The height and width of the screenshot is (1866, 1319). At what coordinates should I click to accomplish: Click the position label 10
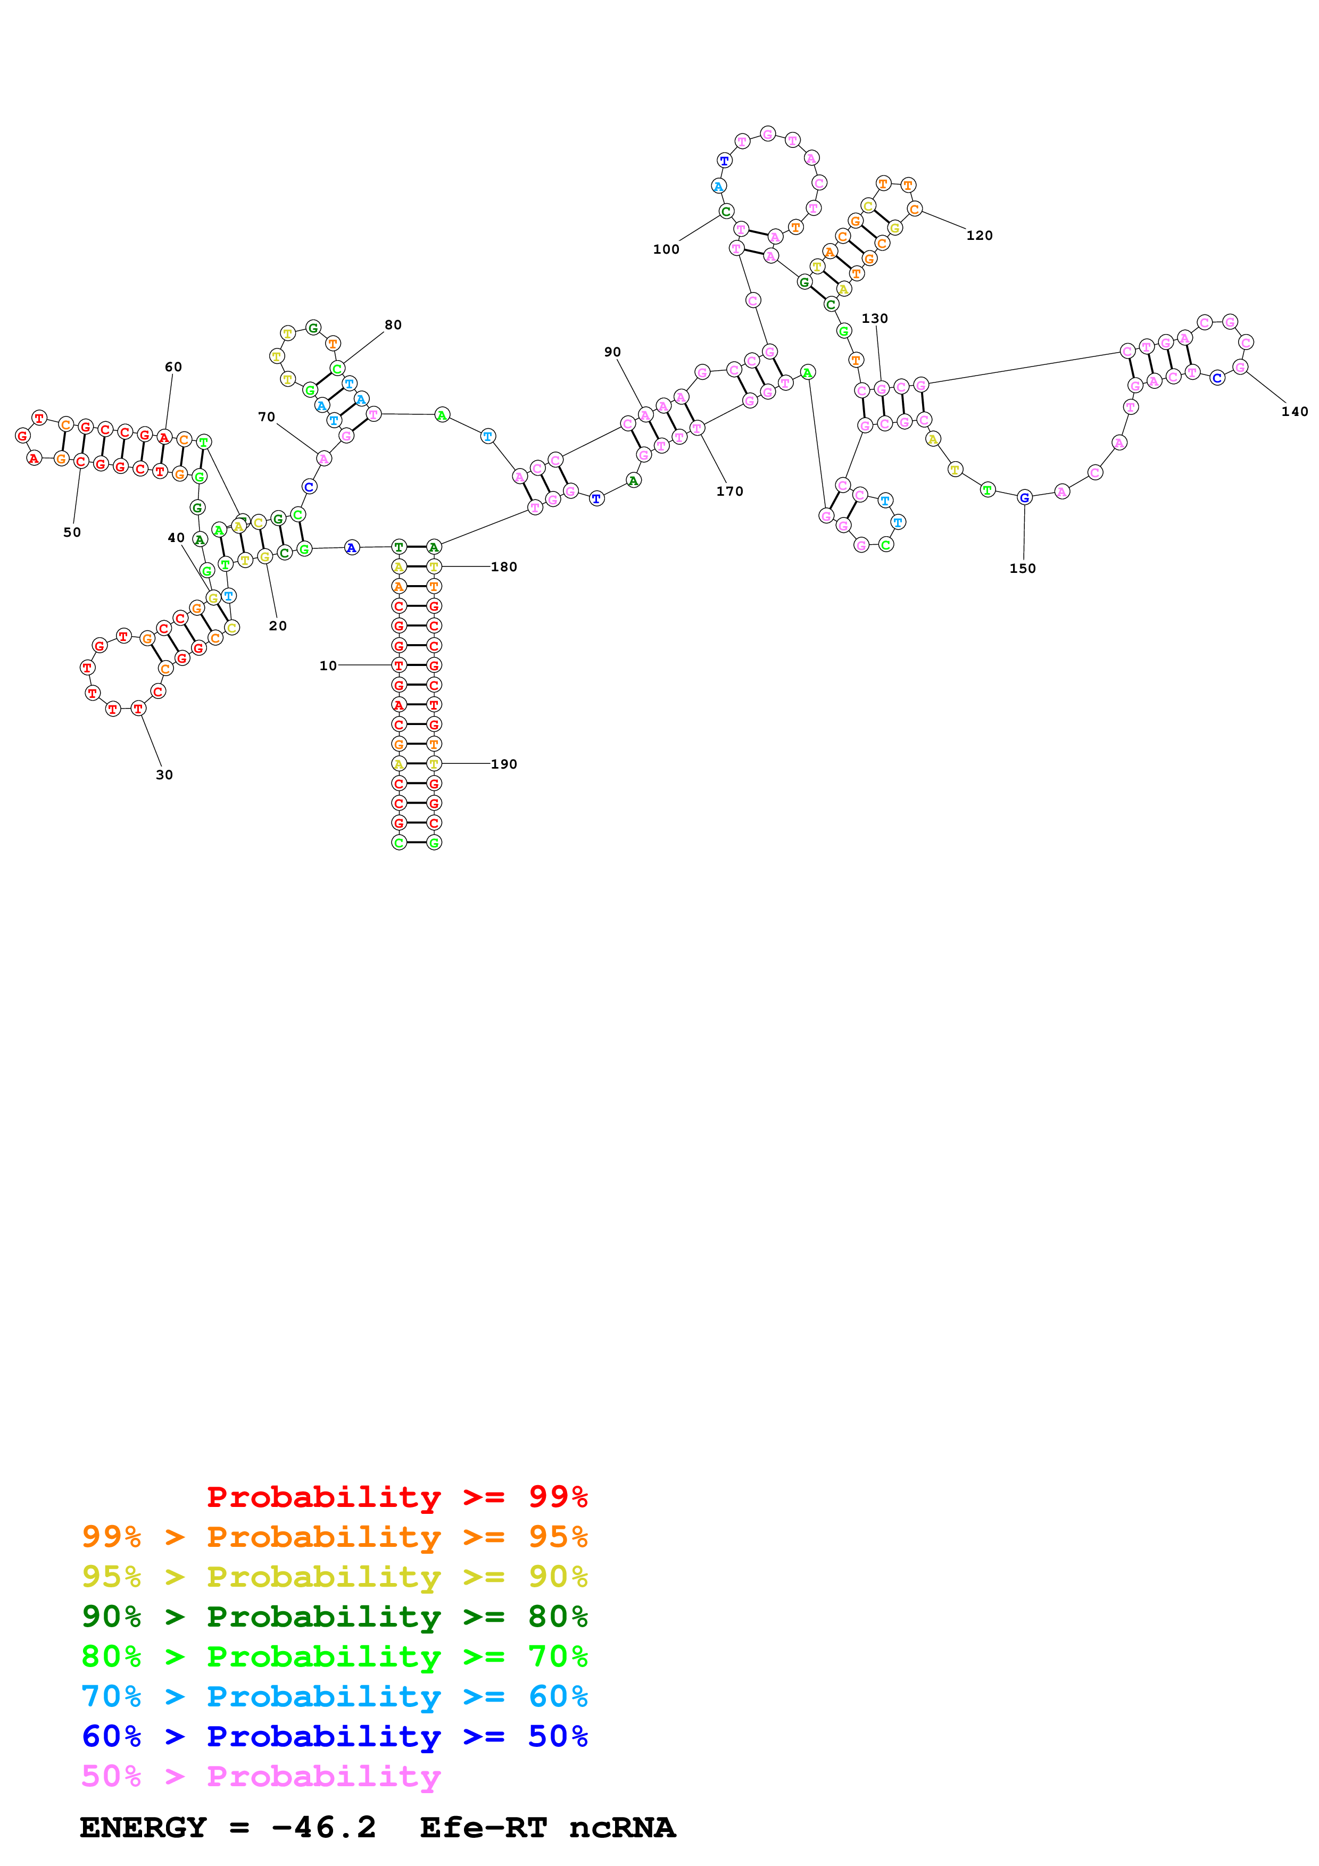tap(328, 665)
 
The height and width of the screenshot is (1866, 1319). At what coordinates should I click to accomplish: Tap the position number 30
tap(164, 774)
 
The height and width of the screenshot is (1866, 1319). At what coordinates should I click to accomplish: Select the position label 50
tap(72, 532)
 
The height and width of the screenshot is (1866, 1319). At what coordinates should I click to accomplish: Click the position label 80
tap(393, 324)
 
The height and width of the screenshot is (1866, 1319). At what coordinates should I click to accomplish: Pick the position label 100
tap(666, 249)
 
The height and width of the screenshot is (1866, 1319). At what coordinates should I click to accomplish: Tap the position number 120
tap(980, 235)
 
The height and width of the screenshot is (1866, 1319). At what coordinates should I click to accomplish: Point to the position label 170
tap(730, 491)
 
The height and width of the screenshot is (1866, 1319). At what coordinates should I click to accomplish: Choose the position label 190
tap(504, 764)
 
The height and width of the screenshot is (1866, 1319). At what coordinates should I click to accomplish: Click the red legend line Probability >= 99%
tap(396, 1496)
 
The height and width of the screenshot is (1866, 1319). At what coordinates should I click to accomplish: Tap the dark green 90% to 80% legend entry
tap(334, 1617)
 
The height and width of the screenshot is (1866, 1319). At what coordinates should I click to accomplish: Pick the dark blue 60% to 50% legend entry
tap(334, 1736)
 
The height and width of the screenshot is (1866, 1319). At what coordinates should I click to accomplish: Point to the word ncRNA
tap(621, 1828)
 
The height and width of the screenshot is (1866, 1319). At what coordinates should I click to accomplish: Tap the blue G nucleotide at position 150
tap(1025, 497)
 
